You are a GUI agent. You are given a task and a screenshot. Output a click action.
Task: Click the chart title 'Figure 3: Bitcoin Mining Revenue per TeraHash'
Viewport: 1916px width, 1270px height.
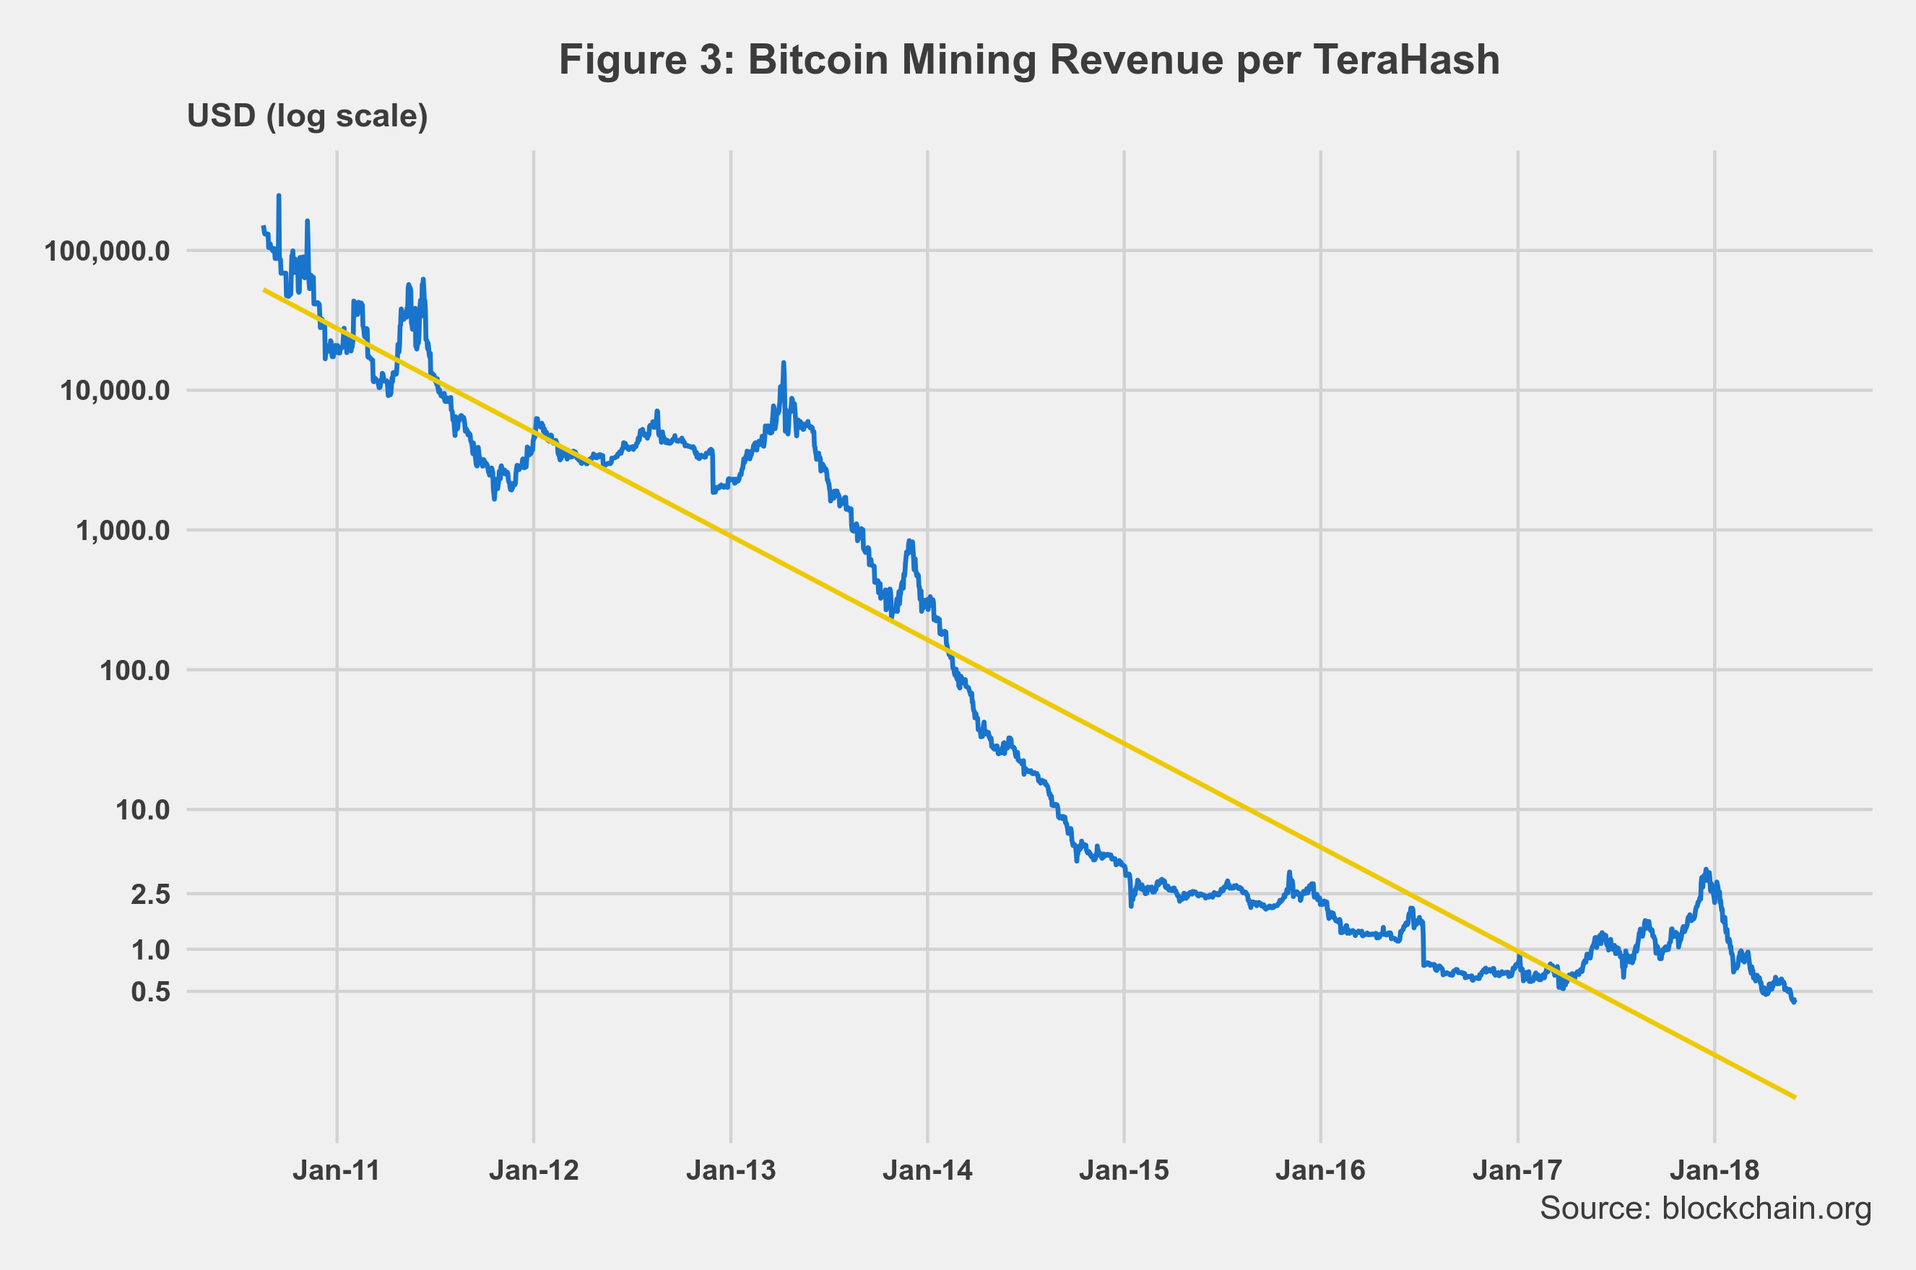pyautogui.click(x=1029, y=60)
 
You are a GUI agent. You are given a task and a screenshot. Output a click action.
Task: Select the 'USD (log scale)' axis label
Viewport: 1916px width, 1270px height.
pyautogui.click(x=307, y=116)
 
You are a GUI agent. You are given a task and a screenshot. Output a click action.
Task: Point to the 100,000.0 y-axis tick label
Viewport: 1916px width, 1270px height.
pyautogui.click(x=108, y=251)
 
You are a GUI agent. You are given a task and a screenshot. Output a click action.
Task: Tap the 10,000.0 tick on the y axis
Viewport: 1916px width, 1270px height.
pyautogui.click(x=115, y=391)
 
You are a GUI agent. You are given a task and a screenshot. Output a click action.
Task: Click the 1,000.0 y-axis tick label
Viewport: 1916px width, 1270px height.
pyautogui.click(x=123, y=531)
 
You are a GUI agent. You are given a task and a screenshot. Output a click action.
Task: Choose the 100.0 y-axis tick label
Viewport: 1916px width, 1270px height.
pyautogui.click(x=135, y=671)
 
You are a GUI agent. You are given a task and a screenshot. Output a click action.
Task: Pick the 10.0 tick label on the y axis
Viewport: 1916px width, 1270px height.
pyautogui.click(x=142, y=809)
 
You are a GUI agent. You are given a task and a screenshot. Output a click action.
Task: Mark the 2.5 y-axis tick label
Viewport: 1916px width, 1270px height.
pyautogui.click(x=151, y=894)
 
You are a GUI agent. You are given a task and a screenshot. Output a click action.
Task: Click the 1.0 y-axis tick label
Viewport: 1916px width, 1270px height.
pyautogui.click(x=151, y=949)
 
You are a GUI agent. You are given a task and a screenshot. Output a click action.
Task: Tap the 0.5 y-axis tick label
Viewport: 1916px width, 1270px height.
pyautogui.click(x=151, y=991)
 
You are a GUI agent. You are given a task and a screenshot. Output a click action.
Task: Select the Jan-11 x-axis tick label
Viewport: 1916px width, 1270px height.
pyautogui.click(x=337, y=1170)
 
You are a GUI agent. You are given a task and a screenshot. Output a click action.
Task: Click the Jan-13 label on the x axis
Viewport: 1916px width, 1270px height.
pyautogui.click(x=731, y=1170)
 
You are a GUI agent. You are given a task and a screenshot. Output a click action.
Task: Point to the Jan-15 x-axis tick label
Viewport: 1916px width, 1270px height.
pyautogui.click(x=1124, y=1170)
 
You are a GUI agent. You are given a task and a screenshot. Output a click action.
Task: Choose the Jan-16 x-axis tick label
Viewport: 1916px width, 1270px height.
pyautogui.click(x=1320, y=1170)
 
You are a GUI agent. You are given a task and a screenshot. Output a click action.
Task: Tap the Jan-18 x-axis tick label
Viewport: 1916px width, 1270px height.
pyautogui.click(x=1715, y=1170)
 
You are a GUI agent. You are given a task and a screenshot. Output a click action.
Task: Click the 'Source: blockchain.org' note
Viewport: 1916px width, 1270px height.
pyautogui.click(x=1705, y=1208)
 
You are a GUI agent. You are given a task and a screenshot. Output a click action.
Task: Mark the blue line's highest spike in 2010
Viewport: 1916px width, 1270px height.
pyautogui.click(x=279, y=196)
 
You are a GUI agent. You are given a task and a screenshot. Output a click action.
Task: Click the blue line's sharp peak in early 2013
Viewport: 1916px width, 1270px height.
pyautogui.click(x=784, y=363)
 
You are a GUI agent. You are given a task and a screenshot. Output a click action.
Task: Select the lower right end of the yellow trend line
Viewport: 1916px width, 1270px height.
pyautogui.click(x=1795, y=1097)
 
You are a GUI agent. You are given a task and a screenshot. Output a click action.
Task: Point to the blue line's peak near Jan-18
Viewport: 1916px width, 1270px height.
pyautogui.click(x=1706, y=870)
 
